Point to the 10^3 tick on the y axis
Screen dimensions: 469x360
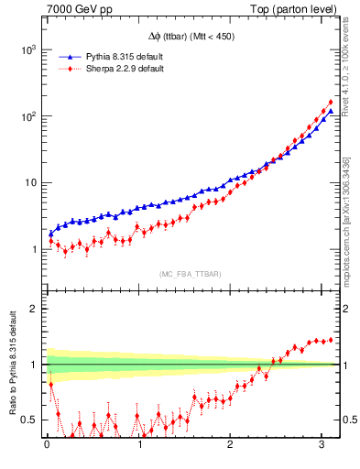point(28,49)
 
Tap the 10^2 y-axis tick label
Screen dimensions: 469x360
point(28,116)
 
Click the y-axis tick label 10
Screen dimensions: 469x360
point(31,182)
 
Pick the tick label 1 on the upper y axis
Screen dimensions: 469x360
point(34,249)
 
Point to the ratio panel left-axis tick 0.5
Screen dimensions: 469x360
point(30,420)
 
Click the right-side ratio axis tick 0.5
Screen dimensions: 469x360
point(347,420)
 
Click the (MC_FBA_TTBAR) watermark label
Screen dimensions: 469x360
point(188,274)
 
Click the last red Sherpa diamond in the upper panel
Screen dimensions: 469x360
point(330,102)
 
